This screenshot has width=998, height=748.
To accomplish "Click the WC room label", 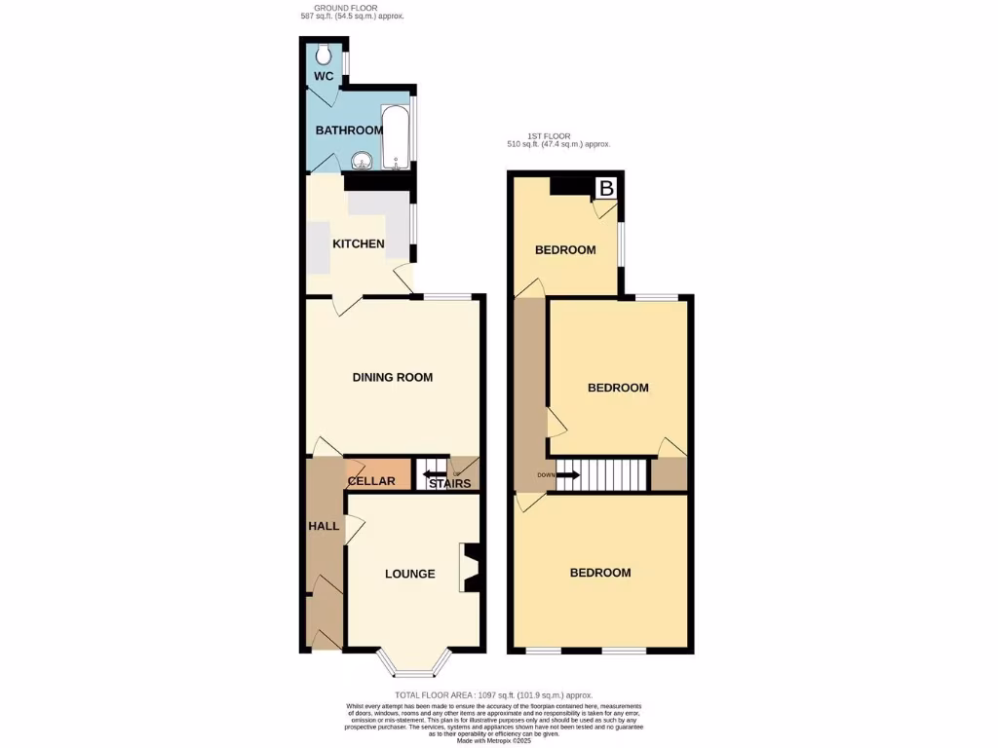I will pos(323,76).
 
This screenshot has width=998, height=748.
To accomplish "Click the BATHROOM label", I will pos(349,131).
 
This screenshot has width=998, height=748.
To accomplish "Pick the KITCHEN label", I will pos(359,243).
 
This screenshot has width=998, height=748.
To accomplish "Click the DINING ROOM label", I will pos(392,377).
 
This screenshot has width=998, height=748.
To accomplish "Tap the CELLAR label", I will pos(371,481).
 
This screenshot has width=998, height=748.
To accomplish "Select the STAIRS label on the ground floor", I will pos(450,484).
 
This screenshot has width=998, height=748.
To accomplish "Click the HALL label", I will pos(324,526).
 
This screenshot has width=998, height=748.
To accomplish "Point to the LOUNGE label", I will pos(409,574).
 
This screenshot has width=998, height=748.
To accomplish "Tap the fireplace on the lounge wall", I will pos(472,568).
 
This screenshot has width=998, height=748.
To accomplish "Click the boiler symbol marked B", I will pos(606,188).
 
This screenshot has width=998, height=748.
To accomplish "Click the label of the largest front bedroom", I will pos(600,573).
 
